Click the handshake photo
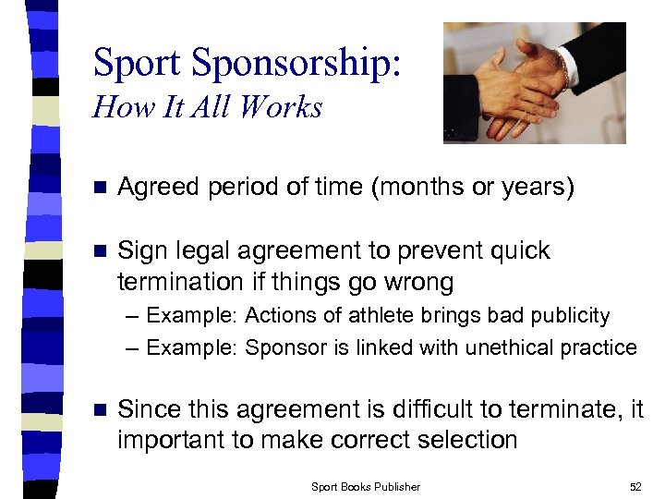(534, 82)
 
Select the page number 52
(635, 486)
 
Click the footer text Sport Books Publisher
(366, 486)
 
